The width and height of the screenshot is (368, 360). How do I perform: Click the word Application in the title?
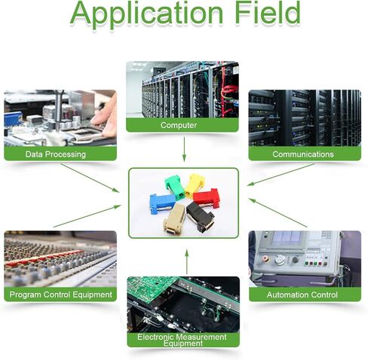[x=146, y=14]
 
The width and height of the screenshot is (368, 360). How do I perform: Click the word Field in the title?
[x=268, y=12]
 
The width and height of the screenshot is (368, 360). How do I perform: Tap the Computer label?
[x=179, y=125]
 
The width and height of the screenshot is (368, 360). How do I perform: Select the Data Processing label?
[x=56, y=154]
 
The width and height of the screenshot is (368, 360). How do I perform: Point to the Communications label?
[x=303, y=154]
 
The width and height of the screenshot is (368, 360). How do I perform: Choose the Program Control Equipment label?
[x=60, y=294]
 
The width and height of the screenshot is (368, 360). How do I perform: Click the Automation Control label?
[x=302, y=294]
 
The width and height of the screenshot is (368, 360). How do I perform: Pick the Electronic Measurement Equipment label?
[x=182, y=340]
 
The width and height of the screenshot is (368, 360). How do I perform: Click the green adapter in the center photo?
[x=175, y=187]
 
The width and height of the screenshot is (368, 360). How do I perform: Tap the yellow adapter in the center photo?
[x=195, y=185]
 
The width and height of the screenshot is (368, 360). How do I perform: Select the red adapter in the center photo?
[x=207, y=197]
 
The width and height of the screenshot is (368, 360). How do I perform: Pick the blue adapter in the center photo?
[x=162, y=203]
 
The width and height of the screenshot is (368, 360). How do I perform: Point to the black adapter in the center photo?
[x=200, y=216]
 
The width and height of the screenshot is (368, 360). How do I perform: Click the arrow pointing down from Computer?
[x=184, y=149]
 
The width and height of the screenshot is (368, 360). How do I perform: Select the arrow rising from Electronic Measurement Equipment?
[x=187, y=261]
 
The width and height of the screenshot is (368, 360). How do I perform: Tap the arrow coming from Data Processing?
[x=90, y=178]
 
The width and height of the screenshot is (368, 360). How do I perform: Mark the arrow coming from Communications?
[x=281, y=175]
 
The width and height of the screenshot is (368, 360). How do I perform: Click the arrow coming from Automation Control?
[x=278, y=213]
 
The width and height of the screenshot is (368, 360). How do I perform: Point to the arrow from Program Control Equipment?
[x=87, y=216]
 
